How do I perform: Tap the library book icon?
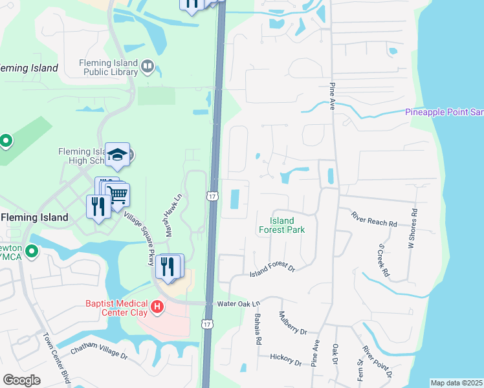148,66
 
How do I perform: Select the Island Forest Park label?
282,225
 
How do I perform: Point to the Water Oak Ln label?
237,303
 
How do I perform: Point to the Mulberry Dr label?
292,323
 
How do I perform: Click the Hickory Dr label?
286,358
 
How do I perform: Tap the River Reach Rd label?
373,219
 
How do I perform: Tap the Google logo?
21,380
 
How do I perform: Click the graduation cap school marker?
117,155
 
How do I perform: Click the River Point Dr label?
377,361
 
